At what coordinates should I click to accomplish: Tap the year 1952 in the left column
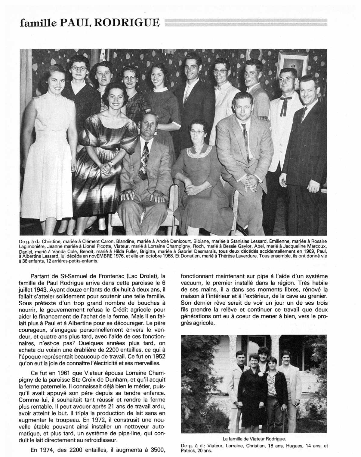pos(156,356)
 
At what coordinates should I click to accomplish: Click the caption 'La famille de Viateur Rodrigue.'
pos(254,438)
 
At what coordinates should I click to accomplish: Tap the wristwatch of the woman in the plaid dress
pos(111,163)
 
